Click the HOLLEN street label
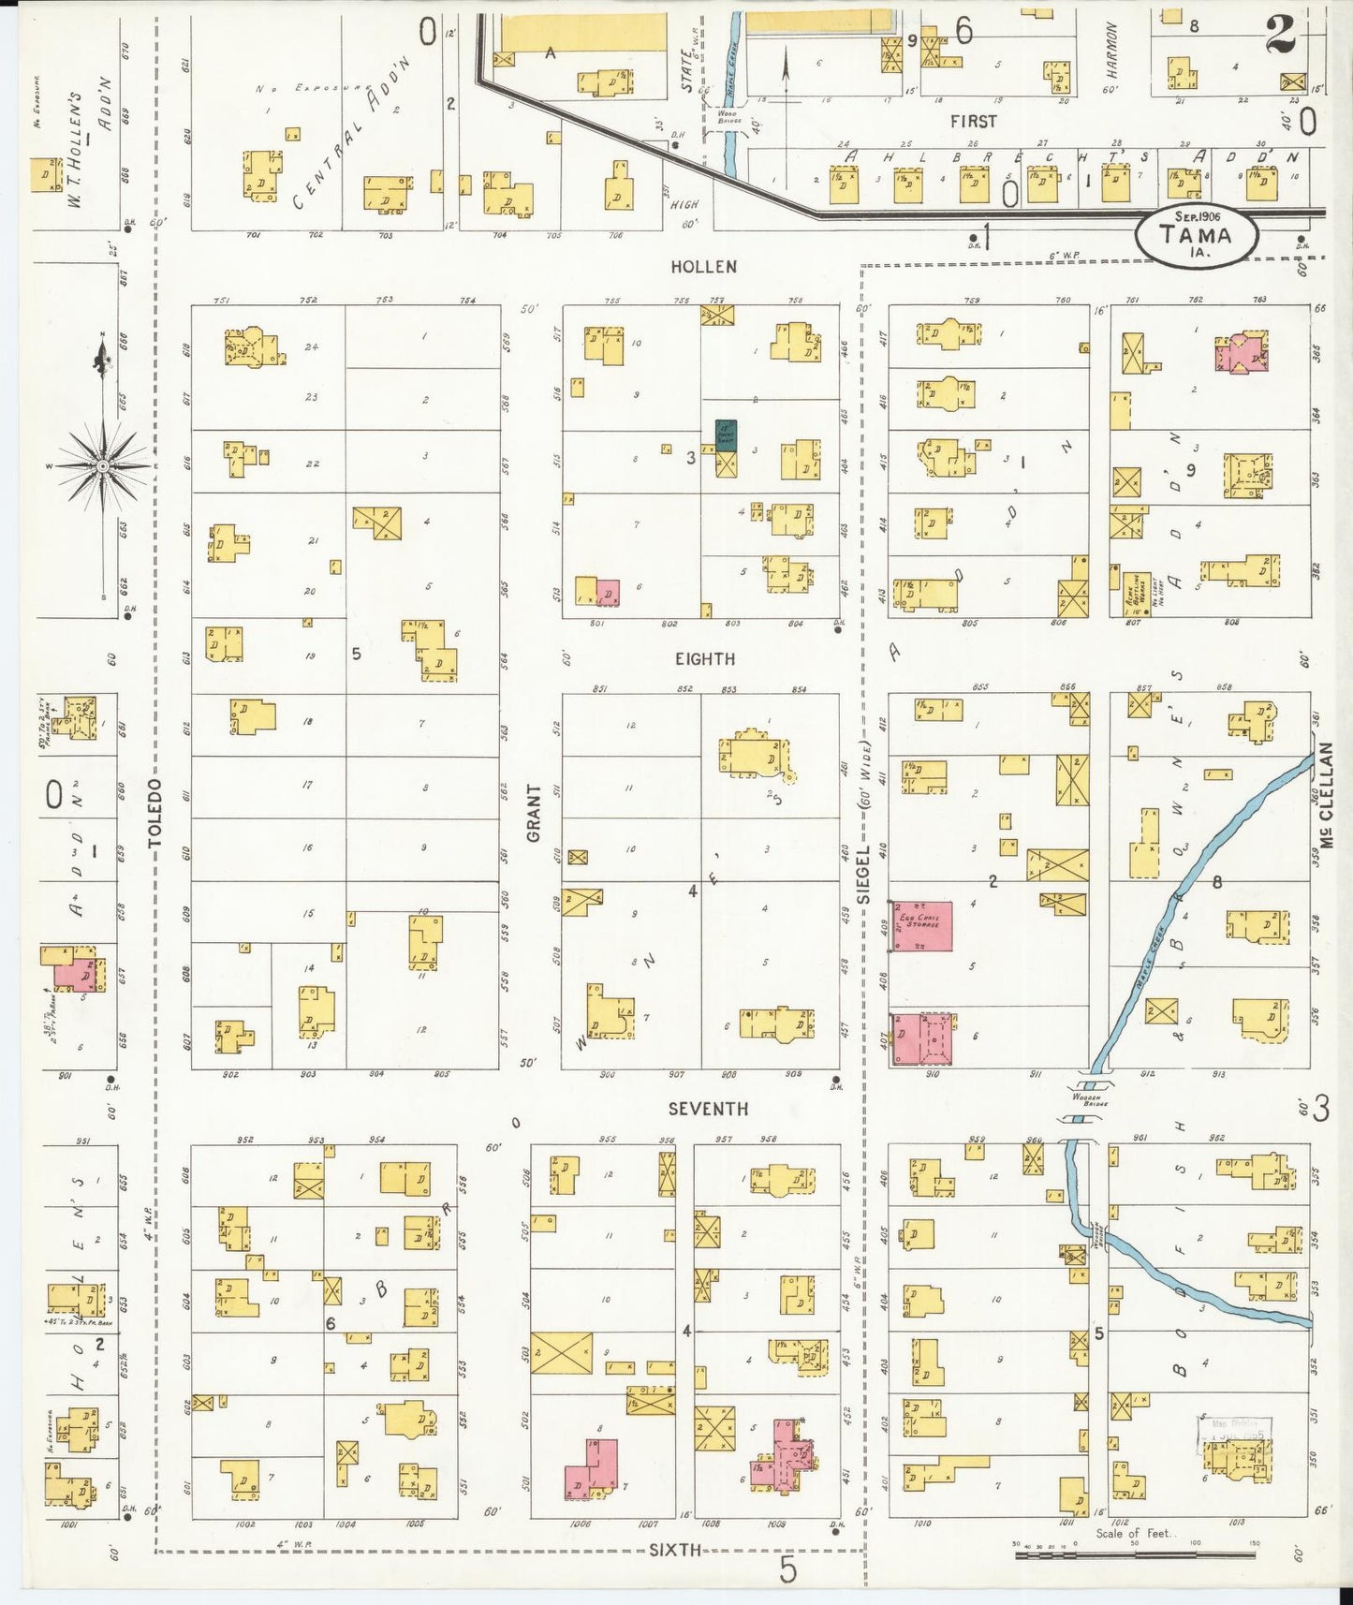pyautogui.click(x=703, y=267)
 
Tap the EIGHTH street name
pyautogui.click(x=705, y=659)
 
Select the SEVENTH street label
pyautogui.click(x=708, y=1109)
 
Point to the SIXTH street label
pyautogui.click(x=675, y=1550)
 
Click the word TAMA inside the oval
pyautogui.click(x=1196, y=235)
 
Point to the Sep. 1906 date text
pyautogui.click(x=1196, y=216)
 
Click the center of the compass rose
pyautogui.click(x=102, y=465)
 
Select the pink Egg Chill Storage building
pyautogui.click(x=922, y=926)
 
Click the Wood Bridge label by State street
pyautogui.click(x=728, y=117)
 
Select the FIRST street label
pyautogui.click(x=974, y=122)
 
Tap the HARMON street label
pyautogui.click(x=1111, y=49)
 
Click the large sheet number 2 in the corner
pyautogui.click(x=1281, y=36)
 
